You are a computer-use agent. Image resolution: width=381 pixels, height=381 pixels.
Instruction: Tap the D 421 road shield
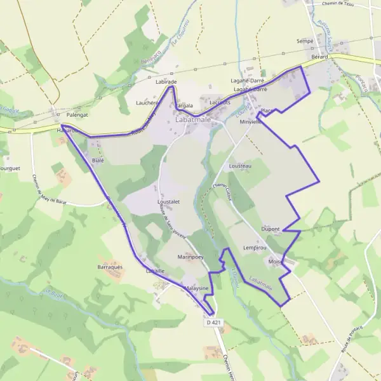click(214, 323)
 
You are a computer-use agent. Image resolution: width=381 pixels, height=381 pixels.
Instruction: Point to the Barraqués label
click(110, 268)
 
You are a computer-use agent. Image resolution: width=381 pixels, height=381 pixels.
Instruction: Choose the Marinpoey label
click(190, 257)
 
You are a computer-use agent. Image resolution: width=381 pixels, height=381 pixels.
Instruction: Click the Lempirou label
click(253, 248)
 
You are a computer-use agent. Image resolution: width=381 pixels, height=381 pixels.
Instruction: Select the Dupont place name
click(271, 229)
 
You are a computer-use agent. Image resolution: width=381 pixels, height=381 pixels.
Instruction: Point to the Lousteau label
click(240, 166)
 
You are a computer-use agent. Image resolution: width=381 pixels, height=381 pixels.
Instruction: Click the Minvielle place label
click(251, 122)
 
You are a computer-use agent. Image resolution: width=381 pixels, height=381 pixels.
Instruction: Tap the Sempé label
click(305, 41)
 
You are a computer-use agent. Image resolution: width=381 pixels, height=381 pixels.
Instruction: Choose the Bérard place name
click(319, 57)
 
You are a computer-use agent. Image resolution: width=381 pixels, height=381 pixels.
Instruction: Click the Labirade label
click(166, 83)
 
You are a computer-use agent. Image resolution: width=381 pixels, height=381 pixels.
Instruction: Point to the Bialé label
click(97, 161)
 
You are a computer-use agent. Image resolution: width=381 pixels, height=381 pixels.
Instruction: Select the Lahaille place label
click(155, 271)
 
